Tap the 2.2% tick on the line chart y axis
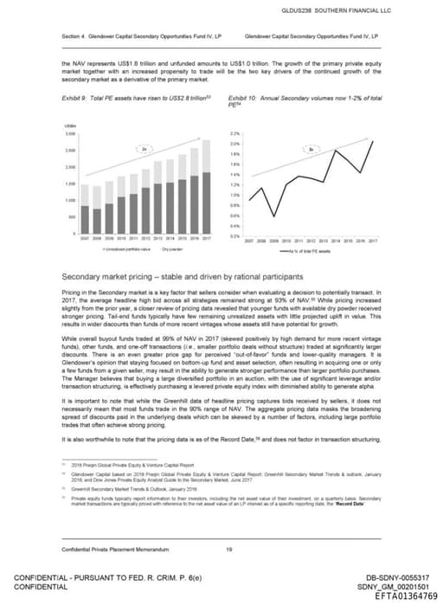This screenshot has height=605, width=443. coord(234,134)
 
